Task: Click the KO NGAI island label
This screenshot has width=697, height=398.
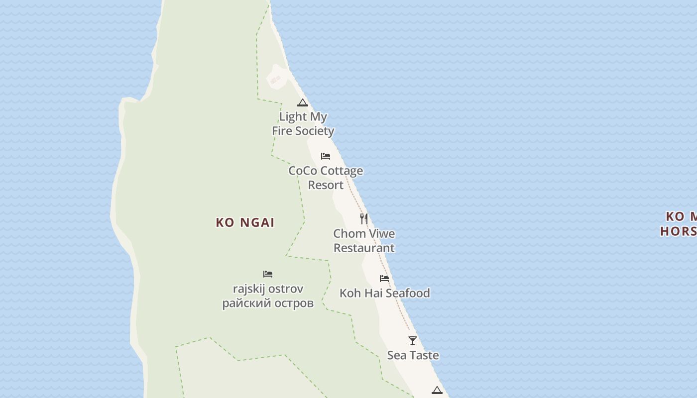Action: (x=245, y=222)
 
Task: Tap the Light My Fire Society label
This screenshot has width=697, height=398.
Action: (x=303, y=123)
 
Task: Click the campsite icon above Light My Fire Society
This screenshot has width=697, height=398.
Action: (x=302, y=103)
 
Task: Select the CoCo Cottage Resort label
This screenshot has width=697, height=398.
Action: (x=326, y=178)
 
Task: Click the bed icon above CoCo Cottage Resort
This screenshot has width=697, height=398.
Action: (x=326, y=156)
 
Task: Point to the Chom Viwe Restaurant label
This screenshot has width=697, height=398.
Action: (x=364, y=240)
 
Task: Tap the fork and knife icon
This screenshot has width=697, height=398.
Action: (x=364, y=218)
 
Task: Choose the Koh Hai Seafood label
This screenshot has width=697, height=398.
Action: (x=384, y=293)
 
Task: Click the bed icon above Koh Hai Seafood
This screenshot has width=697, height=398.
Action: (x=384, y=279)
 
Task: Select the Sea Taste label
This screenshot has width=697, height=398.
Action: (x=413, y=355)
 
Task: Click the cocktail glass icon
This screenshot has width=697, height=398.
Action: (x=413, y=341)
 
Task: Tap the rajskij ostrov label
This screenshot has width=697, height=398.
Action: (x=268, y=289)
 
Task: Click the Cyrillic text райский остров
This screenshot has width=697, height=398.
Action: (x=268, y=303)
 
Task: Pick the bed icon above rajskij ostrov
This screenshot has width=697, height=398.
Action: (x=268, y=274)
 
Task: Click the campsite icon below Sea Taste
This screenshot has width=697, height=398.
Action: (x=437, y=391)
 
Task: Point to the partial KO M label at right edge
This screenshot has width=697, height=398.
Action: (x=681, y=217)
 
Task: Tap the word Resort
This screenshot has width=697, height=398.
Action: (x=326, y=185)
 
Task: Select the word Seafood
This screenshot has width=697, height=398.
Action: (x=407, y=293)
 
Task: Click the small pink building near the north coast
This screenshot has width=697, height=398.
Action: (x=275, y=80)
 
